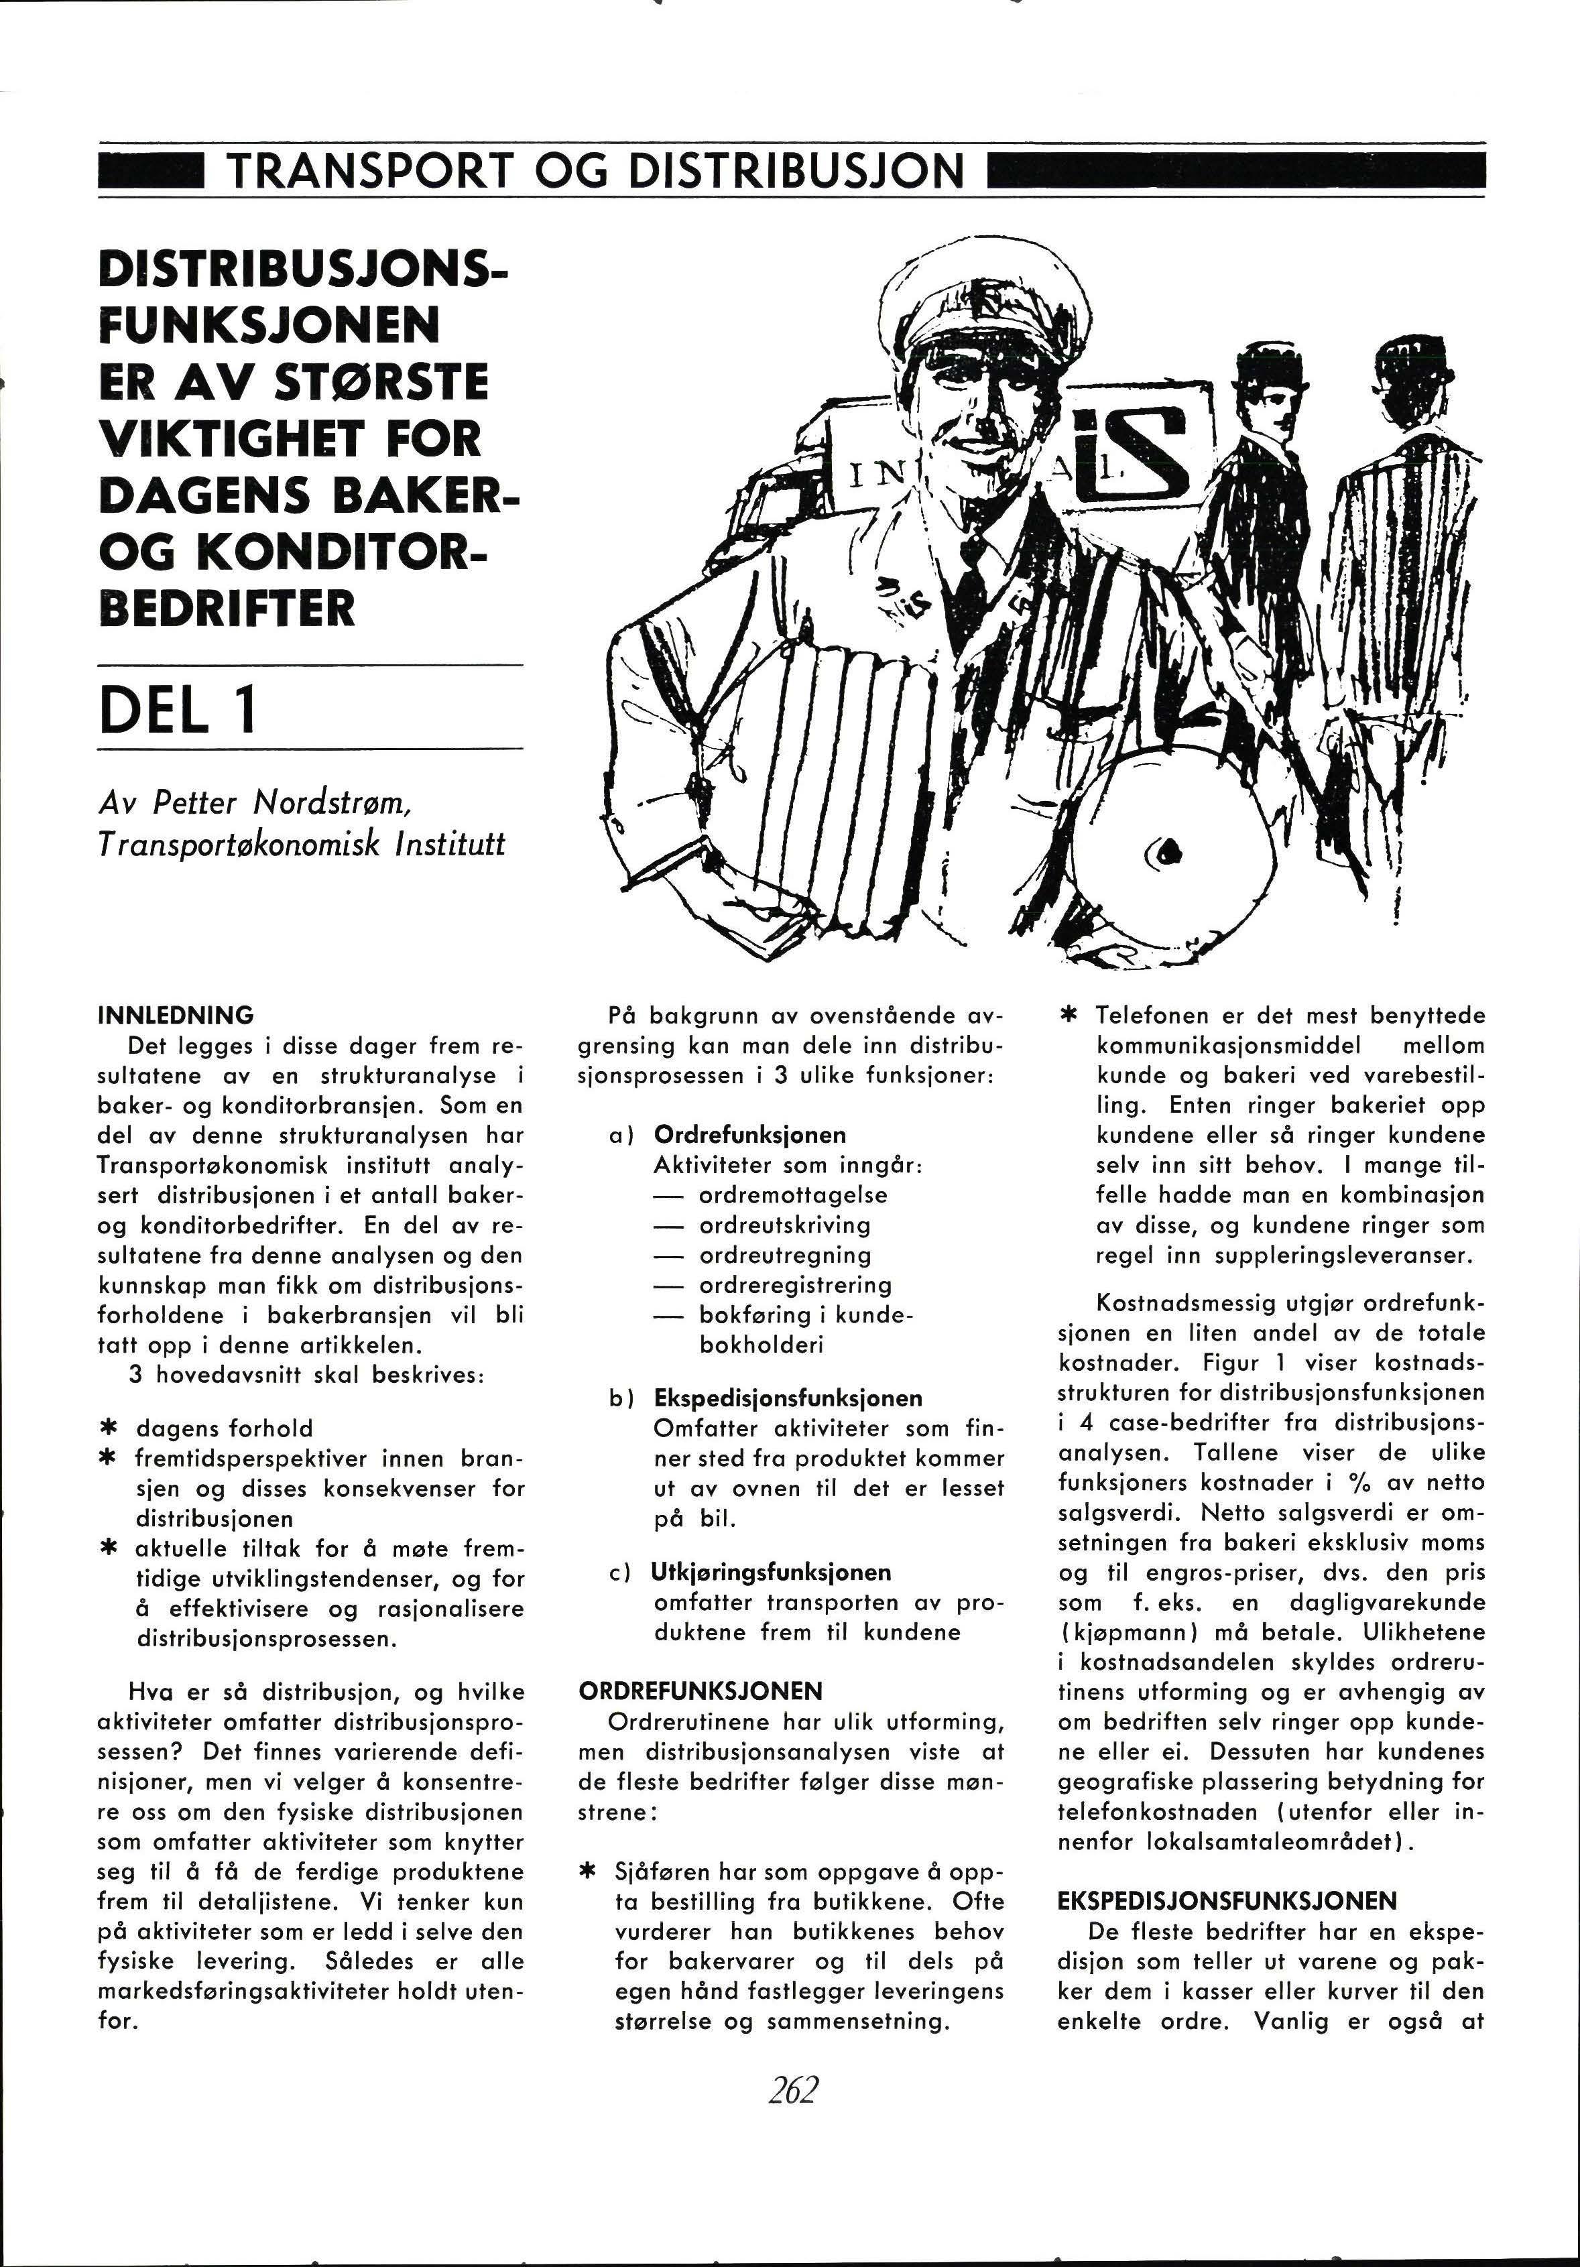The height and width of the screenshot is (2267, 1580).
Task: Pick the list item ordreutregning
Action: [x=785, y=1255]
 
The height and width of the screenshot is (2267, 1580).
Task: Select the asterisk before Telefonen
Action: [x=1067, y=1015]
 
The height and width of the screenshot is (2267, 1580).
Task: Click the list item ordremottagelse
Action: [x=793, y=1194]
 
